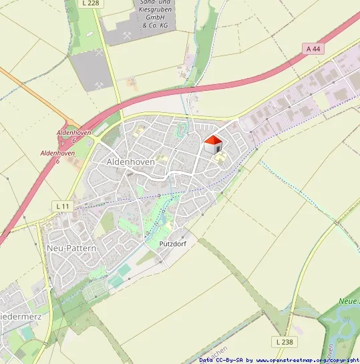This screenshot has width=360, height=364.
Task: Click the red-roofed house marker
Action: (212, 145)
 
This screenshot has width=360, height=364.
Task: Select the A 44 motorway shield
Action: (313, 49)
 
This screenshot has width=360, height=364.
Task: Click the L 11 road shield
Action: (62, 206)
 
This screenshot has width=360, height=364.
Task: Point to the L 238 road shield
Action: (283, 341)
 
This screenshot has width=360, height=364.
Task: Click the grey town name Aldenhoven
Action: (130, 162)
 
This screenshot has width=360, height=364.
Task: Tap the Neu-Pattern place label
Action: (71, 248)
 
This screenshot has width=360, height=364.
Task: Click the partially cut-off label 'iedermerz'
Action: (21, 316)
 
